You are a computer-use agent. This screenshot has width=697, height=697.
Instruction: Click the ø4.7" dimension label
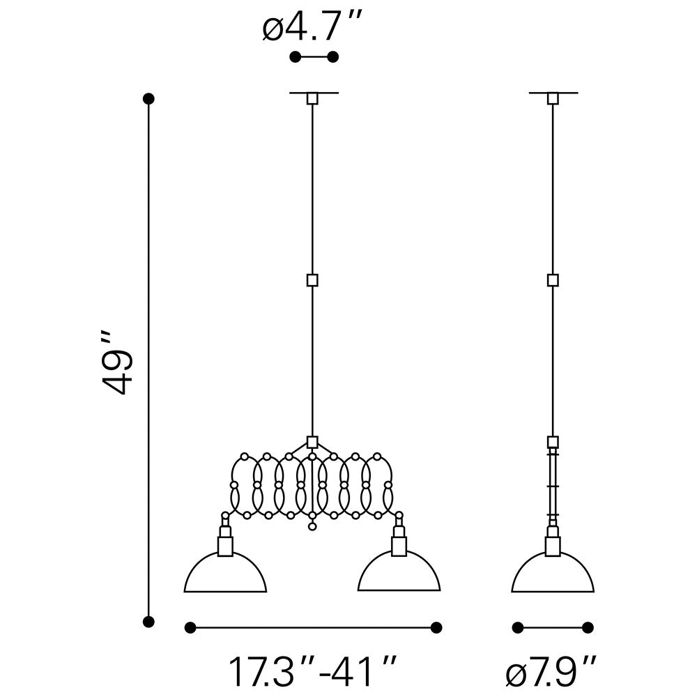click(x=312, y=26)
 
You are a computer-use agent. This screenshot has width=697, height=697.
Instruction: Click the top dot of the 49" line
click(x=148, y=98)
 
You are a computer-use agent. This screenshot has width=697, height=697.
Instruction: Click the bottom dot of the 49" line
click(x=148, y=622)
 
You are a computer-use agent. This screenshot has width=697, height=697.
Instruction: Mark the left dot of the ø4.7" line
click(x=295, y=57)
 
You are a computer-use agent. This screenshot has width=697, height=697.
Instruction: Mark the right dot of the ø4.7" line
click(x=332, y=57)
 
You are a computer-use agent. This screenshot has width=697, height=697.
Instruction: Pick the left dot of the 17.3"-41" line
click(x=190, y=627)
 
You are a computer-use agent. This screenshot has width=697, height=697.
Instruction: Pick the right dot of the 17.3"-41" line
click(x=436, y=627)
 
